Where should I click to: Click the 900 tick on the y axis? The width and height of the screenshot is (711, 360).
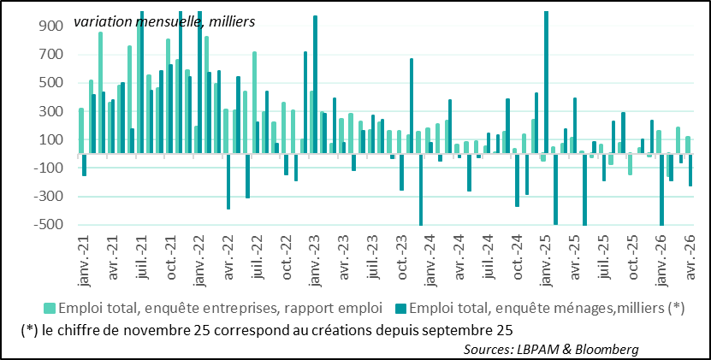(x=50, y=27)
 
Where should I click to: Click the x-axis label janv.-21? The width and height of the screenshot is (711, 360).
(x=85, y=261)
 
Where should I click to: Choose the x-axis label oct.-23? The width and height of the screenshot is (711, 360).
(x=402, y=261)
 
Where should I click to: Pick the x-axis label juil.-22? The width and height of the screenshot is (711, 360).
(x=258, y=262)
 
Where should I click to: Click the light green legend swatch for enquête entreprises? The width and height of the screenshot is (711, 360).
(x=50, y=309)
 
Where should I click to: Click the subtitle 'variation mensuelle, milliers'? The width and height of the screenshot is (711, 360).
(x=164, y=21)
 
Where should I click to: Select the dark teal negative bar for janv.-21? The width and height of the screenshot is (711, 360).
(x=84, y=165)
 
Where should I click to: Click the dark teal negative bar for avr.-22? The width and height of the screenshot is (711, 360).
(x=228, y=181)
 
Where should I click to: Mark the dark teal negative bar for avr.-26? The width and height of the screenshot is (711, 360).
(x=690, y=170)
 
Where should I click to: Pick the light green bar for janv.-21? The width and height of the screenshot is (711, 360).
(x=81, y=131)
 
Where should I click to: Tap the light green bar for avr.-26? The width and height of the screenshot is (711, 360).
(x=687, y=145)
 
